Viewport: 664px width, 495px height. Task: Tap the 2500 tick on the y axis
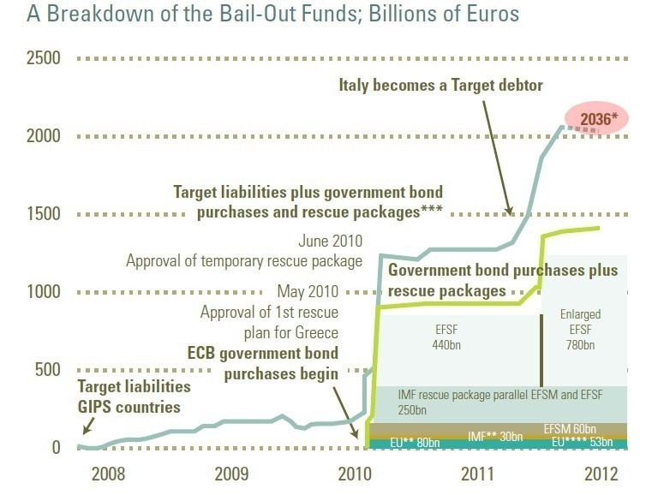[x=43, y=58]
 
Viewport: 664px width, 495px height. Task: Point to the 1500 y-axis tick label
[x=43, y=213]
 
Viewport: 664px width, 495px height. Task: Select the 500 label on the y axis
[x=48, y=369]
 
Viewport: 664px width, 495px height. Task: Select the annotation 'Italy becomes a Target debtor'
[x=440, y=86]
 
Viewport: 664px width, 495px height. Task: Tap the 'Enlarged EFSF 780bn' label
[x=580, y=330]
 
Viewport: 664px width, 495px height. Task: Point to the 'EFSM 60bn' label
[x=570, y=428]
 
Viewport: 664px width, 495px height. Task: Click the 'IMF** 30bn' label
[x=495, y=437]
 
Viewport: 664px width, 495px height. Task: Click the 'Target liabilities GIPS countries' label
[x=134, y=396]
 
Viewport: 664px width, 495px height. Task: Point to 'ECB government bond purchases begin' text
[x=263, y=363]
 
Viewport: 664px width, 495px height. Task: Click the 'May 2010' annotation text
[x=307, y=291]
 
